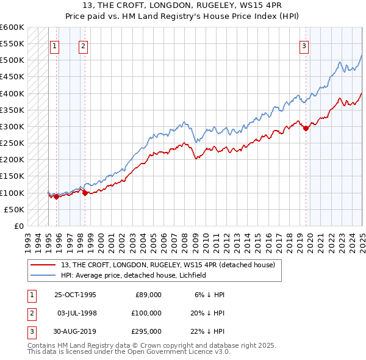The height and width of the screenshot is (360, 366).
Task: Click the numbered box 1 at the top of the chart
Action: pyautogui.click(x=55, y=45)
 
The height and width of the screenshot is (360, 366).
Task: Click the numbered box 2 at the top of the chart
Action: pyautogui.click(x=83, y=45)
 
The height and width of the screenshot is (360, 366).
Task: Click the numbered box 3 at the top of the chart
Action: pyautogui.click(x=304, y=45)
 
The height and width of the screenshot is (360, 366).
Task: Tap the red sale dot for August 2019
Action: pyautogui.click(x=306, y=128)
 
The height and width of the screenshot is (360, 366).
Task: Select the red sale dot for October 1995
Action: pyautogui.click(x=56, y=196)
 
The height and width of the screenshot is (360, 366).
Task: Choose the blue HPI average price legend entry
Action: pyautogui.click(x=133, y=275)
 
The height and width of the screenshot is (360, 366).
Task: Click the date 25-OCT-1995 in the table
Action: pyautogui.click(x=75, y=295)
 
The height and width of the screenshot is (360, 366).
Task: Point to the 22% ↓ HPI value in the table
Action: pyautogui.click(x=208, y=331)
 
